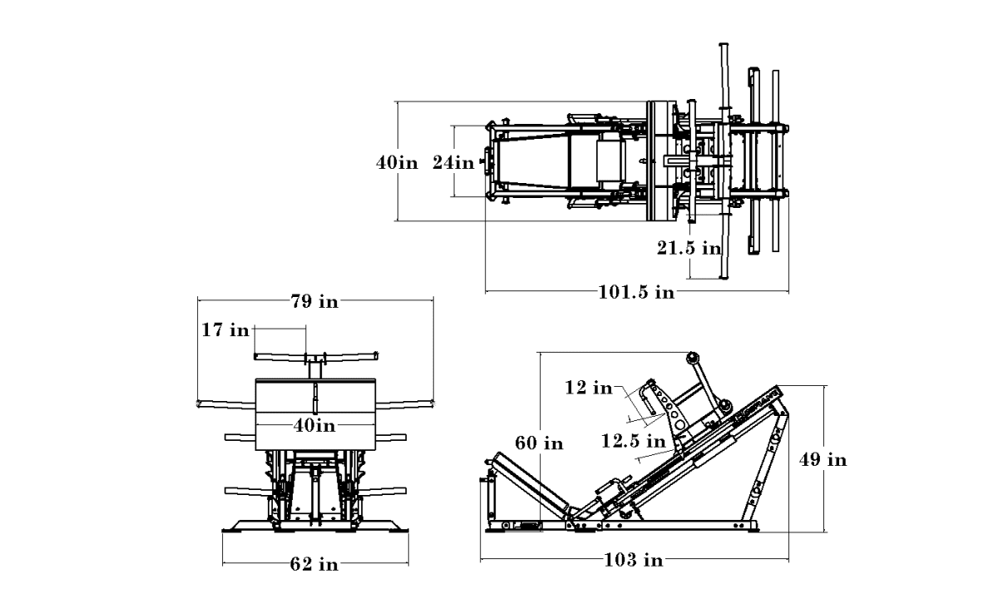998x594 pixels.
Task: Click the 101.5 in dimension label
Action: tap(636, 291)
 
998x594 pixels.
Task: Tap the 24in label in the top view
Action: tap(453, 163)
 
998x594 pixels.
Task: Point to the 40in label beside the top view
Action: tap(396, 163)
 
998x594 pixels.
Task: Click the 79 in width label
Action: tap(314, 301)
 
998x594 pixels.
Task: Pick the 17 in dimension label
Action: tap(225, 330)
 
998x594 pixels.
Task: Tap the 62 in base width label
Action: tap(314, 565)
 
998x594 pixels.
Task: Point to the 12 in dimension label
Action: tap(588, 387)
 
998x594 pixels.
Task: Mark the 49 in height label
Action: tap(823, 459)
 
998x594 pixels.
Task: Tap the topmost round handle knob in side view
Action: tap(690, 357)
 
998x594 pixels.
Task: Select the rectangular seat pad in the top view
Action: tap(609, 162)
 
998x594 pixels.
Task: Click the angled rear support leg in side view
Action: tap(770, 466)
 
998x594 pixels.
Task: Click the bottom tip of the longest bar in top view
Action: tap(723, 277)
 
